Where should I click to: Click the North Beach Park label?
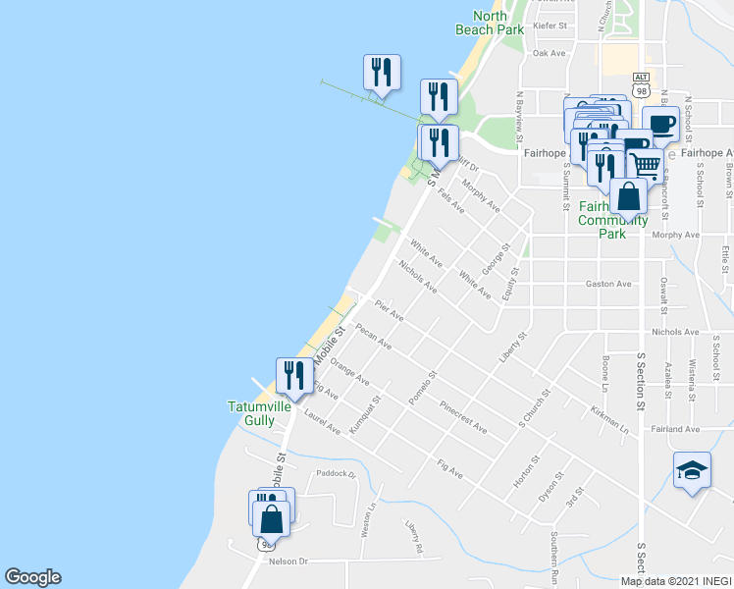click(x=490, y=23)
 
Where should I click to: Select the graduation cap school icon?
click(x=692, y=471)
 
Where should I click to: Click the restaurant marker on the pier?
click(x=381, y=73)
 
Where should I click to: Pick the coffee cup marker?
click(x=661, y=127)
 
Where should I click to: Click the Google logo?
click(x=32, y=577)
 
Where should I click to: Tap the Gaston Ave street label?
click(x=608, y=284)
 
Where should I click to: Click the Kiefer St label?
click(x=550, y=27)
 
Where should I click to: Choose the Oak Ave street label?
click(x=550, y=54)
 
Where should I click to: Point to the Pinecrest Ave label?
click(x=463, y=416)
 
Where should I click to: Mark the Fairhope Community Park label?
click(x=614, y=220)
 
